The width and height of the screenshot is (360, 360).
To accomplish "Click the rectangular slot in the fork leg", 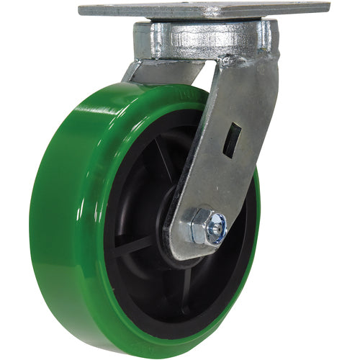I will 233,139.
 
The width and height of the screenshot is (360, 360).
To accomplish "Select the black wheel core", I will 144,216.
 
